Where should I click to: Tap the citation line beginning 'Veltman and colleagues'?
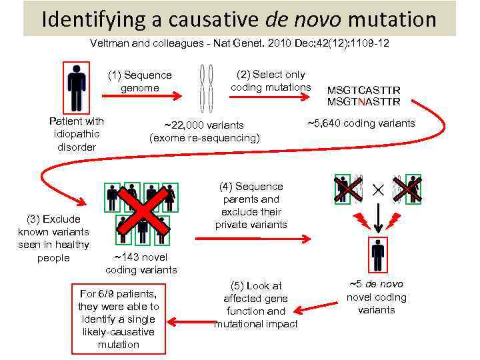click(239, 43)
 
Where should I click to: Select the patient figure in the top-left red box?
click(77, 87)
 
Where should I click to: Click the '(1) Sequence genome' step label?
click(140, 81)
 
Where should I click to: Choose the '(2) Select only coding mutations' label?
click(271, 81)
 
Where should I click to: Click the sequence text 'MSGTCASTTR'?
click(363, 90)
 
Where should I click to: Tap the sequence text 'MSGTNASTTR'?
click(363, 102)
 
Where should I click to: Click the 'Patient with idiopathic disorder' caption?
click(77, 134)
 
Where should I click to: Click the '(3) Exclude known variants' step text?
click(53, 238)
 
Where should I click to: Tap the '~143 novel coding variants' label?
click(141, 263)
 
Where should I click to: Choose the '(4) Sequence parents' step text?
click(251, 205)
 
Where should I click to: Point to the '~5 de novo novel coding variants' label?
click(376, 297)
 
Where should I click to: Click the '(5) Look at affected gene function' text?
click(255, 305)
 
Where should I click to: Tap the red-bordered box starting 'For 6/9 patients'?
click(118, 319)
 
